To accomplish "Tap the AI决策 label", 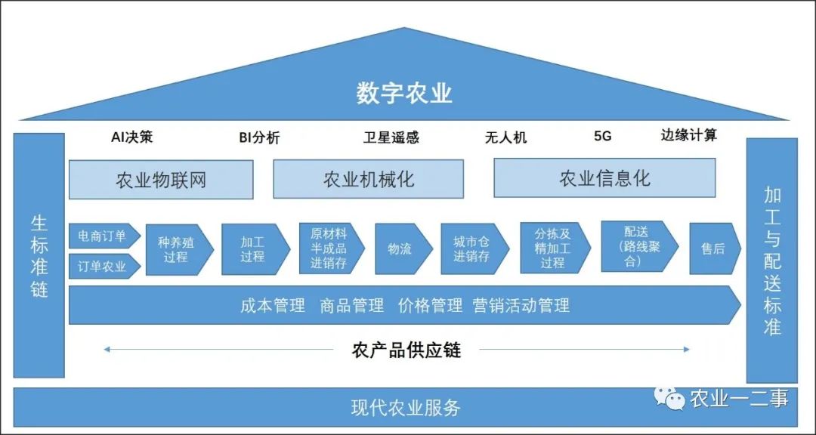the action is (132, 137).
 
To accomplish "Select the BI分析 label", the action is (259, 137).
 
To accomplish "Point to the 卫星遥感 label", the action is (391, 137).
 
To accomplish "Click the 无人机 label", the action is (505, 137).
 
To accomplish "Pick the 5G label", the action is (603, 137).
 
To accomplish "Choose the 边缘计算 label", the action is (689, 135).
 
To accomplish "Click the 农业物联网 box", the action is (162, 180).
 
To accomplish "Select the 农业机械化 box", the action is (369, 179).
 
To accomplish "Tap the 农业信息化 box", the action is (604, 178).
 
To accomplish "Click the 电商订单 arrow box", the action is (104, 236).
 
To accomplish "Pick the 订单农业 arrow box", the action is (104, 267).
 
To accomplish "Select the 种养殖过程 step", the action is (180, 250).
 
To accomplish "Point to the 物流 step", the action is (403, 248).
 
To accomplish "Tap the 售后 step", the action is (715, 248).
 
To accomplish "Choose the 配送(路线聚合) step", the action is (640, 247).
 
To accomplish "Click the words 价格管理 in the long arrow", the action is (431, 305).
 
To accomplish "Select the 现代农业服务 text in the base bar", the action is (406, 407).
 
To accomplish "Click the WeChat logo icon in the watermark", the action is (669, 398).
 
